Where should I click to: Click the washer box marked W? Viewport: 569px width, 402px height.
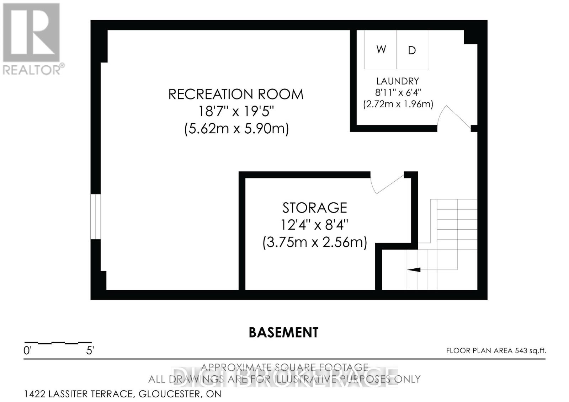[x=381, y=49]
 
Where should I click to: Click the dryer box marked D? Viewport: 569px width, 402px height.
[x=413, y=50]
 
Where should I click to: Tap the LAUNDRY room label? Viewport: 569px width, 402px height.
[x=398, y=81]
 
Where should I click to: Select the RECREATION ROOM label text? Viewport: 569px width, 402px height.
[x=236, y=94]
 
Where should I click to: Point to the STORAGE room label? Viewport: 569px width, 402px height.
[x=315, y=208]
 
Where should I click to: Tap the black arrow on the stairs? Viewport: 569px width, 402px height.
[x=414, y=270]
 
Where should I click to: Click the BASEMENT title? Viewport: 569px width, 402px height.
[x=283, y=333]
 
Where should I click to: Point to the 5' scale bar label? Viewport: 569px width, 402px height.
[x=90, y=351]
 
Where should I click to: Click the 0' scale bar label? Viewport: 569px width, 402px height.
[x=28, y=351]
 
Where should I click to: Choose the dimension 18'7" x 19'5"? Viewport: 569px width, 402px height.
[x=236, y=111]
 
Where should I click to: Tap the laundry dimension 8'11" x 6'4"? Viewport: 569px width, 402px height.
[x=398, y=92]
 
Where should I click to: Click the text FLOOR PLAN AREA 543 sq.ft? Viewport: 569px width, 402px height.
[x=496, y=351]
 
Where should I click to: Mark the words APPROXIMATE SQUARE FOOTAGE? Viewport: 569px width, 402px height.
[x=284, y=367]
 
